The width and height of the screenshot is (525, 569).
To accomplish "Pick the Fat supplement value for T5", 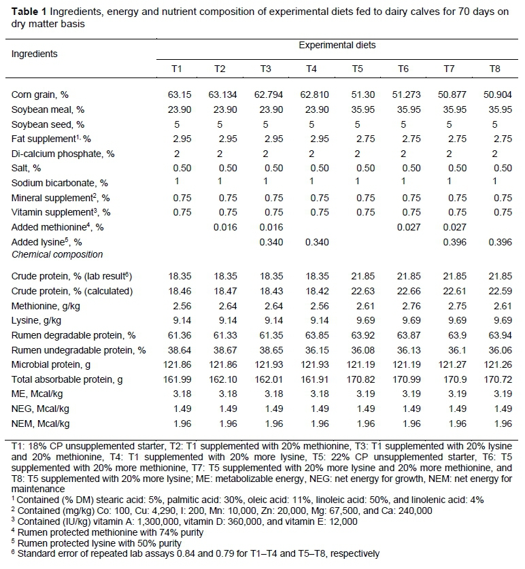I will pos(357,139).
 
